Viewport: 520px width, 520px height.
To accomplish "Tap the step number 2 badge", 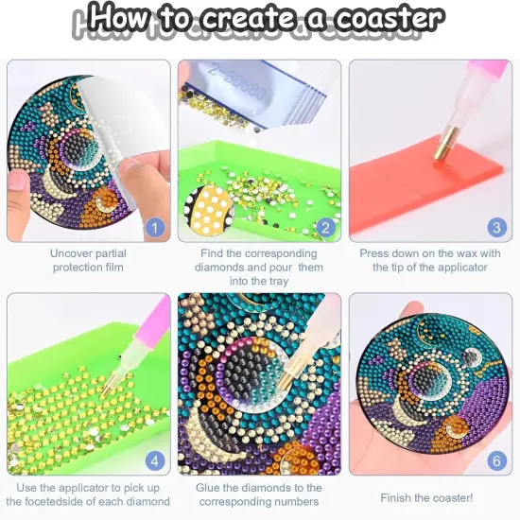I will (x=324, y=226).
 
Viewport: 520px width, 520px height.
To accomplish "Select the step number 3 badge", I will (x=495, y=226).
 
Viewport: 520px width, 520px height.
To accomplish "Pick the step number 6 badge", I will (x=495, y=460).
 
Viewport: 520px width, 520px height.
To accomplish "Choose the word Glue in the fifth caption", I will (x=214, y=488).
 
